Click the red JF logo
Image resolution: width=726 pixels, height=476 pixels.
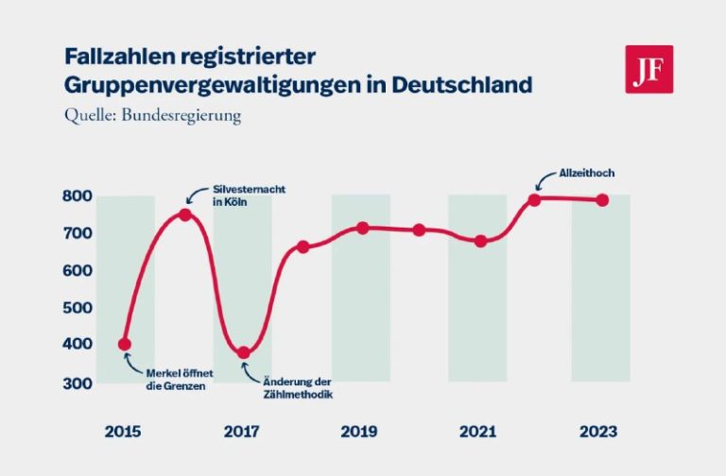click(x=648, y=69)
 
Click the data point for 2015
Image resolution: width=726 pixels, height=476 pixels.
click(x=125, y=345)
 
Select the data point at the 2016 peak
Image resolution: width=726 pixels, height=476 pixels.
click(x=185, y=214)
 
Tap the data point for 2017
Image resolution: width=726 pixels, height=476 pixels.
click(x=244, y=352)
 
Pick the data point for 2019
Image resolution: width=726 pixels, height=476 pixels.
click(x=362, y=228)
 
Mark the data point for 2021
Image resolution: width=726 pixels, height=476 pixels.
click(x=480, y=241)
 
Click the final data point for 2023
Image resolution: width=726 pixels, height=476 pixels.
click(x=601, y=199)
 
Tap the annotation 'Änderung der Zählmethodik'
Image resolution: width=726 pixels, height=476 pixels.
click(x=291, y=388)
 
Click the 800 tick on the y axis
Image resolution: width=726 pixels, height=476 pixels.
click(x=78, y=196)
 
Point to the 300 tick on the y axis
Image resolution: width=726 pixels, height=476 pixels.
click(x=78, y=382)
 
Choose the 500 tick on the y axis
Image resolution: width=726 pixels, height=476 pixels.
click(x=78, y=308)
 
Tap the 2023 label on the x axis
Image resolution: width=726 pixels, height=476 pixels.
click(x=596, y=432)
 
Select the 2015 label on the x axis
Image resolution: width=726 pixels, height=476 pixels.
click(x=125, y=432)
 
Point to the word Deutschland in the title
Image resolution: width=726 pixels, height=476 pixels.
click(x=463, y=84)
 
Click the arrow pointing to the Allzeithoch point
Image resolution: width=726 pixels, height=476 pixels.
click(x=546, y=179)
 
